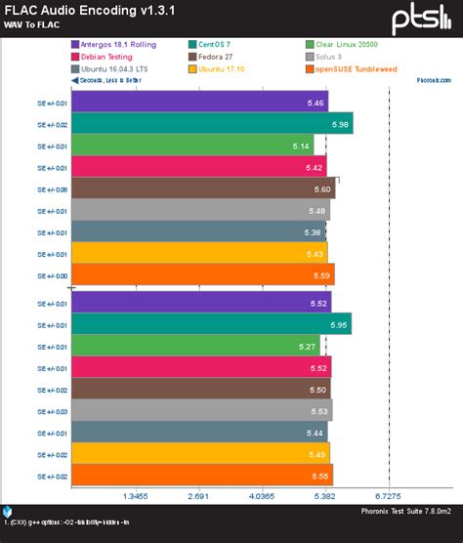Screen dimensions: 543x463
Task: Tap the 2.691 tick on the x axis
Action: coord(198,495)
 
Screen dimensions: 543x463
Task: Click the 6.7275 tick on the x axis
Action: coord(389,495)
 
